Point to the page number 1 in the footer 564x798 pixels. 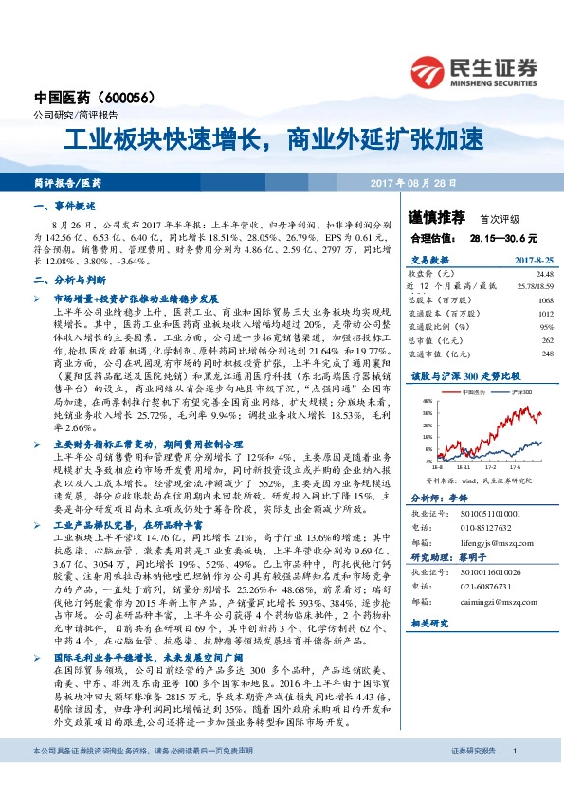(x=513, y=751)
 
